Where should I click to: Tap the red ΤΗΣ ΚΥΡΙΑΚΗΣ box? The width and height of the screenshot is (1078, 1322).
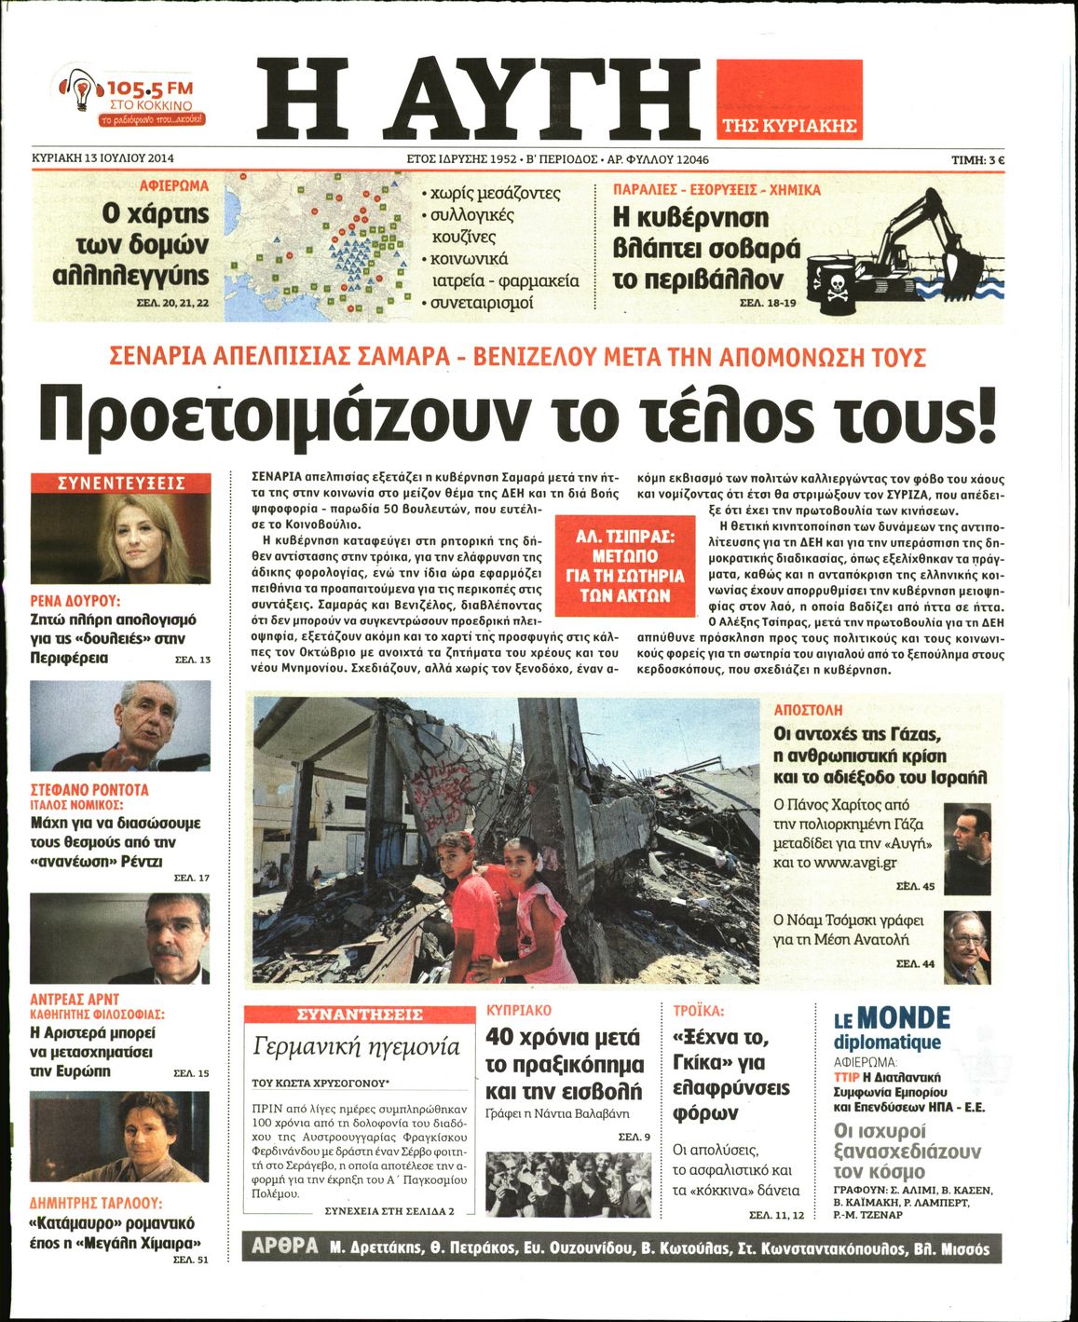click(x=789, y=99)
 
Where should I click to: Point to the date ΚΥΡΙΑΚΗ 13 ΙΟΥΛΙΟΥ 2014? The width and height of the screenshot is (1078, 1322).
click(x=103, y=158)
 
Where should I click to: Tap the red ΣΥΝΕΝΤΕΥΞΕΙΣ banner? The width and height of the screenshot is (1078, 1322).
click(x=121, y=483)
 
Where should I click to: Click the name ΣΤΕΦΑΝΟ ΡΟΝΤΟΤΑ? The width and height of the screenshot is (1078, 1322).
click(x=89, y=789)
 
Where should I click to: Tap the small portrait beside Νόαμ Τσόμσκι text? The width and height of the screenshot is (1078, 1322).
click(x=966, y=947)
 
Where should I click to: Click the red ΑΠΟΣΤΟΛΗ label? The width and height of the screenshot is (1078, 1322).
click(x=807, y=710)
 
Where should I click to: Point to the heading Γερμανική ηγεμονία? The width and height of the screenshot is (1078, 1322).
click(x=356, y=1046)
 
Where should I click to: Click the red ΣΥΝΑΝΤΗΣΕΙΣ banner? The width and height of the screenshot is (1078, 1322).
click(x=359, y=1015)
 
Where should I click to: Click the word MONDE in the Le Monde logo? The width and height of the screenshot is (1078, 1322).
click(x=903, y=1018)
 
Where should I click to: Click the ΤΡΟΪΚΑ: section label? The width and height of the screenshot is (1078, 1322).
click(x=698, y=1011)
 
